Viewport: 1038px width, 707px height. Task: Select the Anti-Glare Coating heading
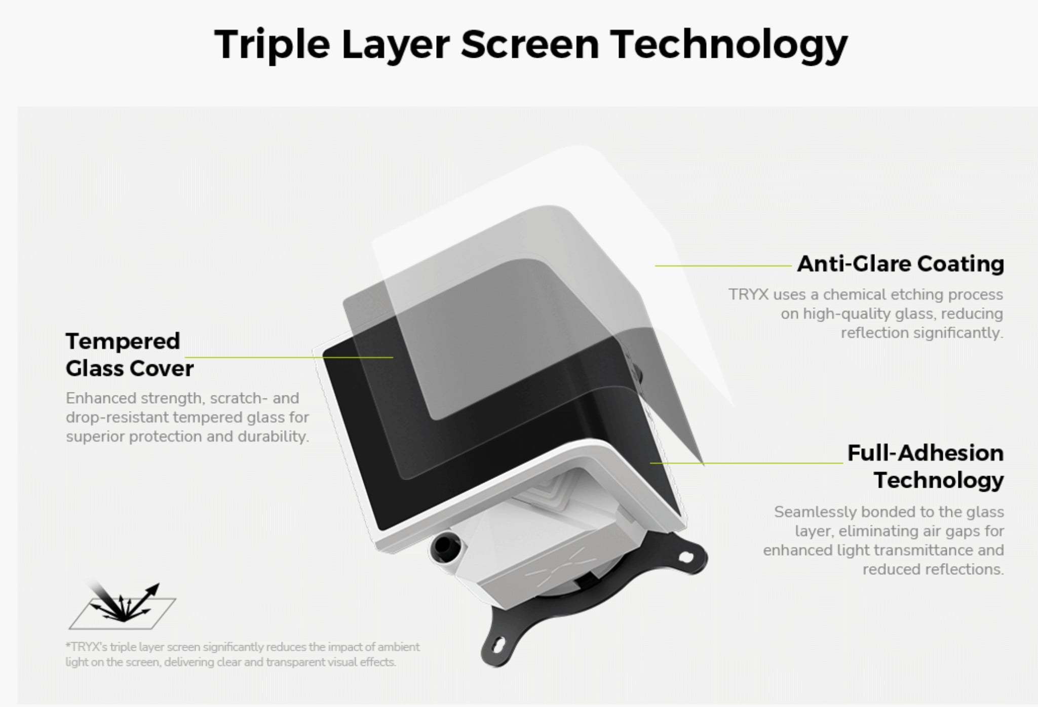tap(900, 264)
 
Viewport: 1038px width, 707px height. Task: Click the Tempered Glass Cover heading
tap(130, 355)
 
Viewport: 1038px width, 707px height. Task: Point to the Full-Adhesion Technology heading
tap(926, 466)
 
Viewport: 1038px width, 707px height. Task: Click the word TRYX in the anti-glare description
tap(748, 294)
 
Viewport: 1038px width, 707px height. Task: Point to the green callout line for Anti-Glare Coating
tap(723, 265)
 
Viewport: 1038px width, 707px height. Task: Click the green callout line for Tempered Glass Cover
tap(289, 358)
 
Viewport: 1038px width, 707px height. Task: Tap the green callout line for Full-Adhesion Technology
tap(746, 463)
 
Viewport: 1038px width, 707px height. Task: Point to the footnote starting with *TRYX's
tap(242, 654)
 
